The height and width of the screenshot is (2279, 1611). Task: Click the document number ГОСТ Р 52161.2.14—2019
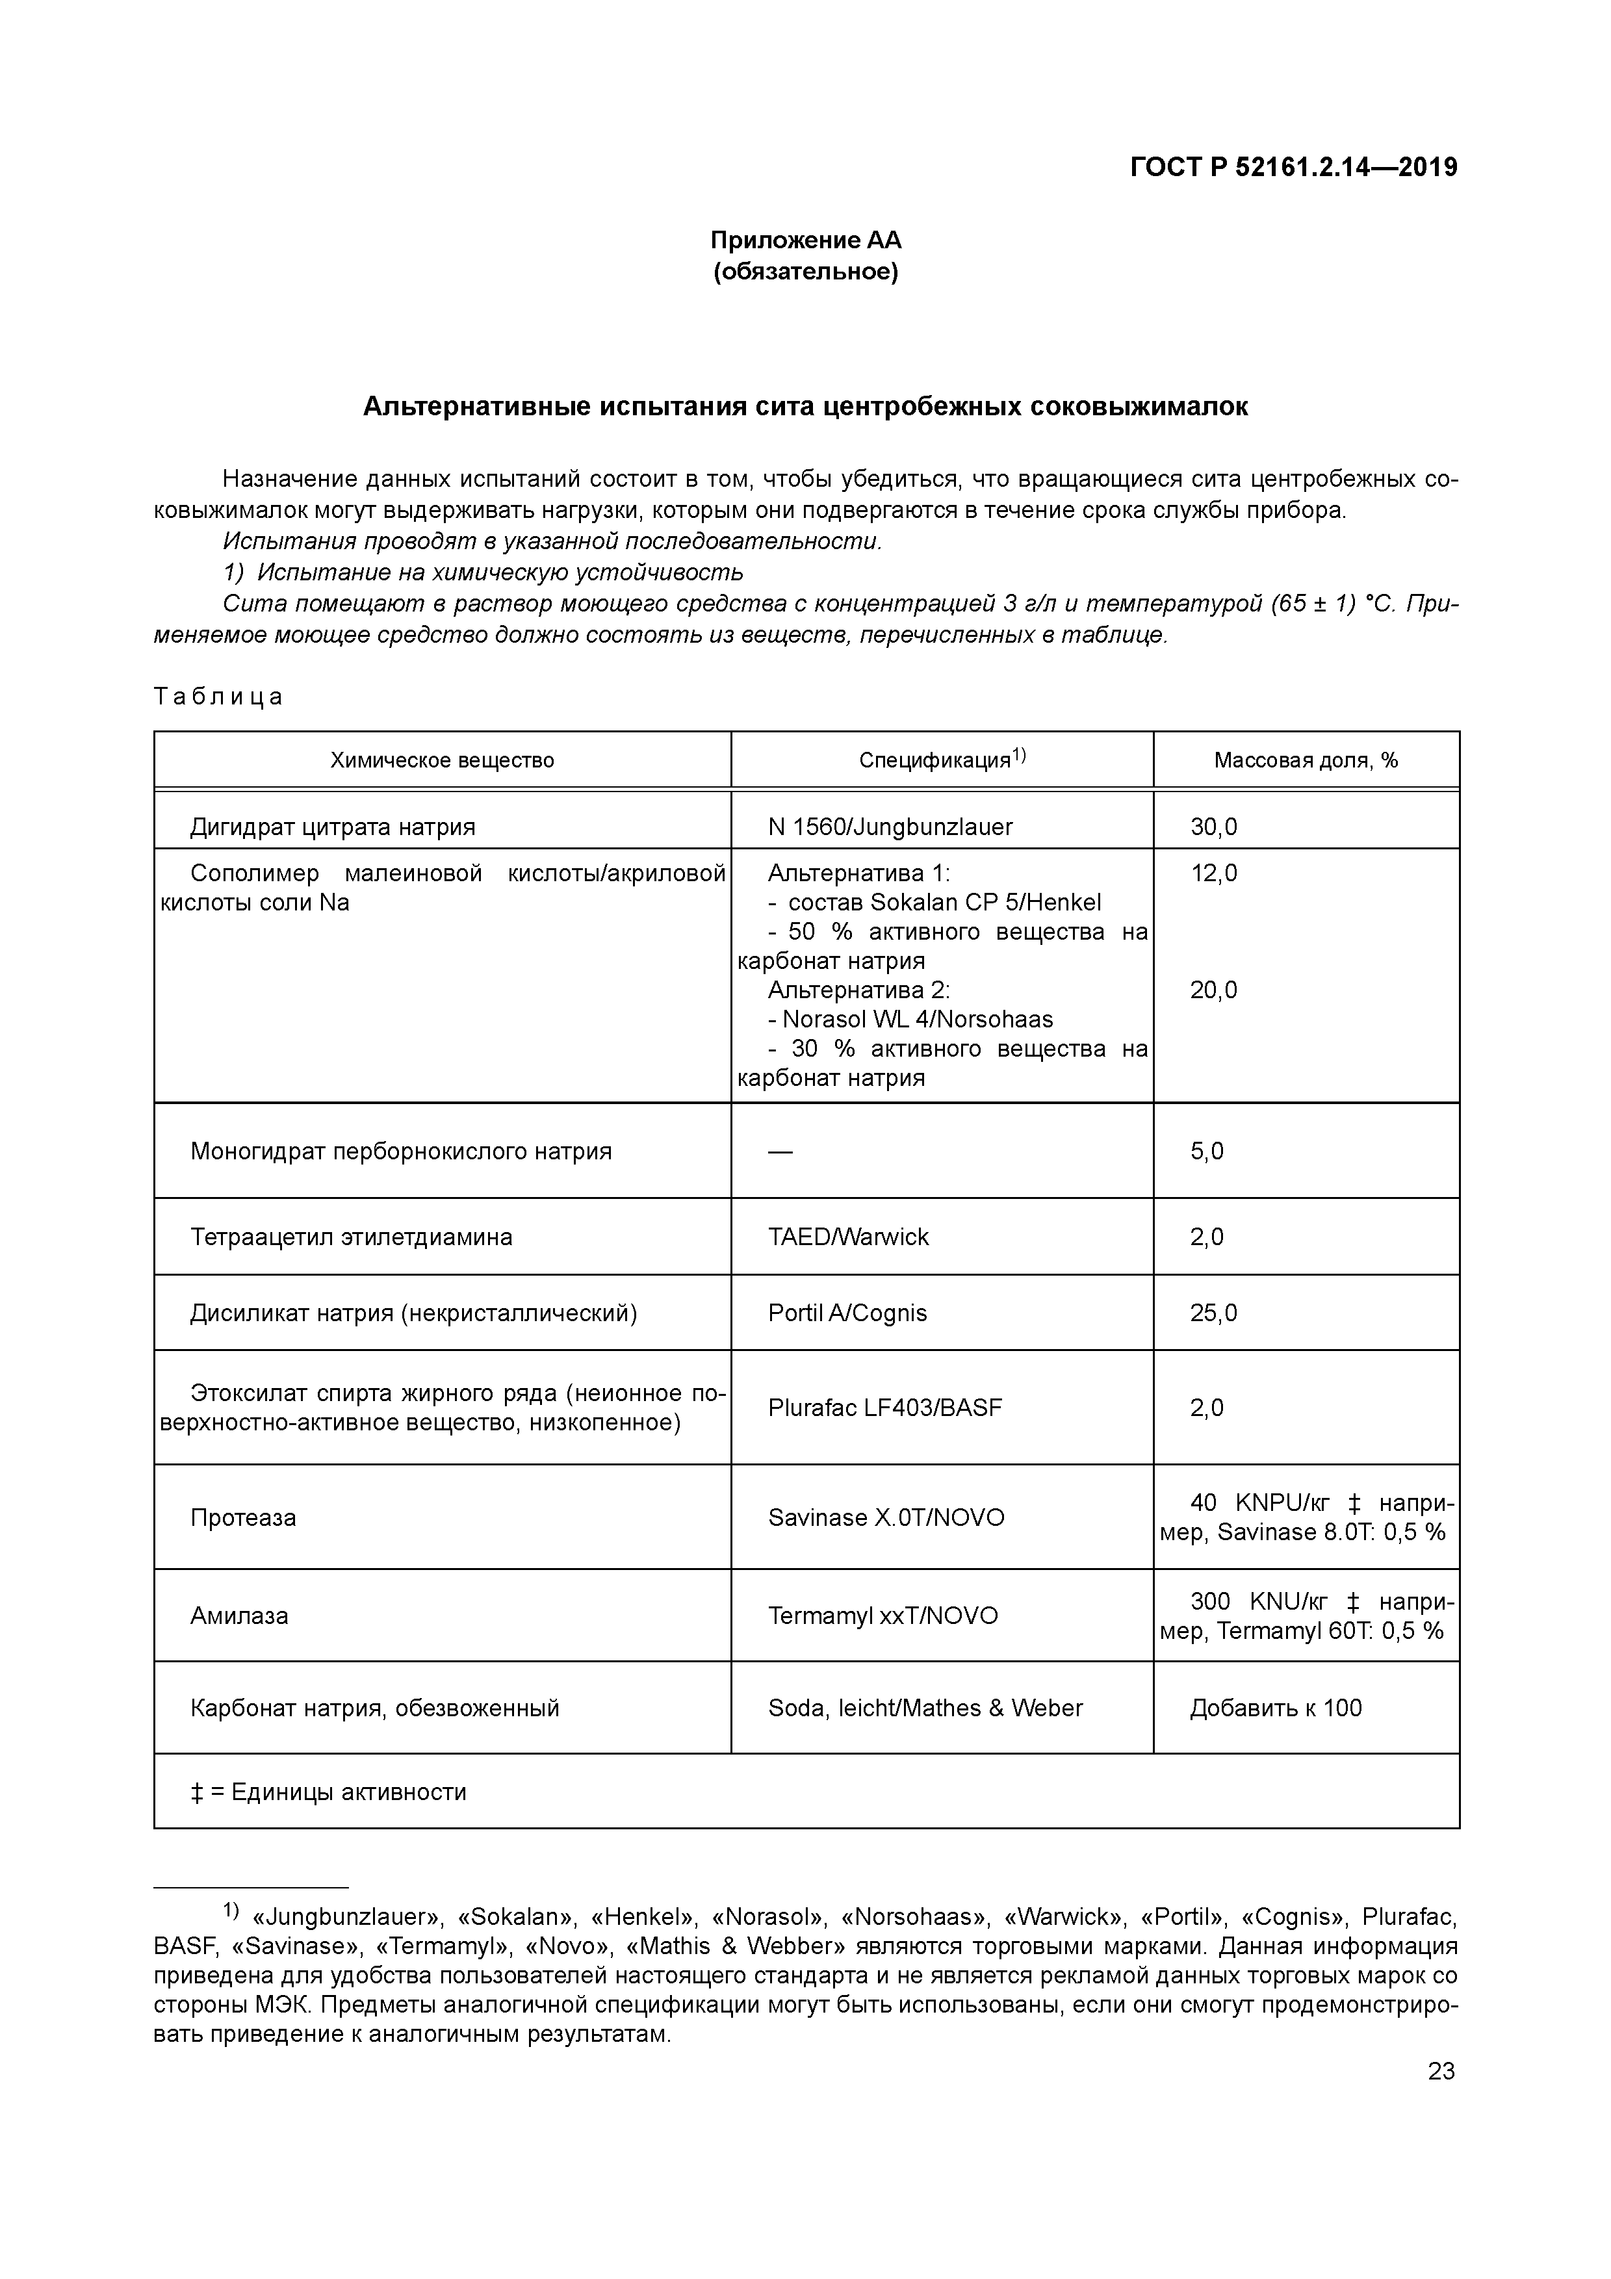(x=1293, y=168)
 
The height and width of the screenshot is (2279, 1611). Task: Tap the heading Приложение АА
(x=805, y=240)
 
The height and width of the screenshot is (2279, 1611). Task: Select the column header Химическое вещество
(x=442, y=760)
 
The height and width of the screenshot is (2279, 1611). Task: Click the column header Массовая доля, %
(x=1306, y=760)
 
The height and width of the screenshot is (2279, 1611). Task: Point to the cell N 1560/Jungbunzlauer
(x=890, y=827)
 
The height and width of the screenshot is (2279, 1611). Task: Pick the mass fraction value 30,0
(x=1213, y=827)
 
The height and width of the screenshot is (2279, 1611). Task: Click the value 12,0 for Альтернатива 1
(x=1213, y=873)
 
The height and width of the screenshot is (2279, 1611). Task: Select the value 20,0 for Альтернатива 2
(x=1213, y=990)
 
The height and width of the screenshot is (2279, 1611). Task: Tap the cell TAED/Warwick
(x=849, y=1237)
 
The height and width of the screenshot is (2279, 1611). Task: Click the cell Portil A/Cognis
(x=847, y=1313)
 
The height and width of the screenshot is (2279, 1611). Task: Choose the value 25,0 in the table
(x=1213, y=1313)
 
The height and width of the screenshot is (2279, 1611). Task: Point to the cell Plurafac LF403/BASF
(x=884, y=1408)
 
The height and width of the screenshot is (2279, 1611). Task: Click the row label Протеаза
(x=243, y=1517)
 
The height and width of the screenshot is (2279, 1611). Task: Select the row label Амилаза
(x=239, y=1616)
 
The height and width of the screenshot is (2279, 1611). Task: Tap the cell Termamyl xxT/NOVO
(x=883, y=1616)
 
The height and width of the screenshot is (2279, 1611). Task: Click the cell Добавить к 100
(x=1276, y=1708)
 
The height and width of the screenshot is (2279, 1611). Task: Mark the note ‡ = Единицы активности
(x=329, y=1792)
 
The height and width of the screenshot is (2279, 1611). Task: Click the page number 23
(x=1440, y=2072)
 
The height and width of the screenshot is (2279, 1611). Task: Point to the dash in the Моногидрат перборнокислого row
(x=780, y=1152)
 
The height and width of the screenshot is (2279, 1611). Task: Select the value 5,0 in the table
(x=1206, y=1152)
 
